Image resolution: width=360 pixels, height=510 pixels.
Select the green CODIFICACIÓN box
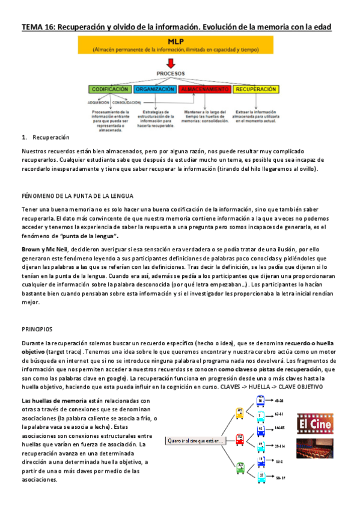pos(110,89)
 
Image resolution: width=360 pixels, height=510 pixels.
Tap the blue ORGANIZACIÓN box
pos(154,89)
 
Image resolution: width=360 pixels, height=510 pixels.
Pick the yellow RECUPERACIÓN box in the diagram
pos(255,89)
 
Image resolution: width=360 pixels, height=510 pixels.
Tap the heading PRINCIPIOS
pos(37,329)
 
